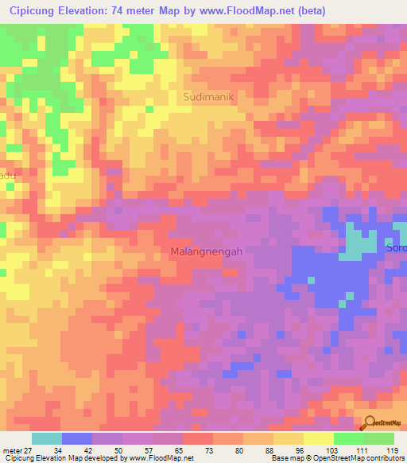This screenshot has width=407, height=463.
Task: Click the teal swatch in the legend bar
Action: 47,438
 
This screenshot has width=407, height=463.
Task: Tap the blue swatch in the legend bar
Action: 77,438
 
